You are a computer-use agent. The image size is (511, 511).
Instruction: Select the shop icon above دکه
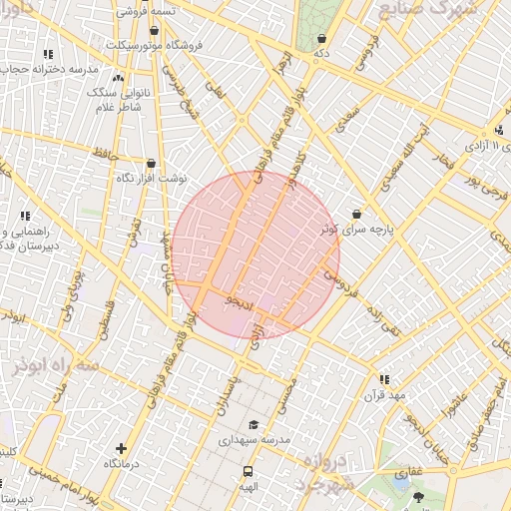[320, 38]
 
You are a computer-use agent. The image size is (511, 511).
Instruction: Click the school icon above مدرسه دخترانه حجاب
[47, 54]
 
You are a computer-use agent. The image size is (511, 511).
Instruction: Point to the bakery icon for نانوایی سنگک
[119, 77]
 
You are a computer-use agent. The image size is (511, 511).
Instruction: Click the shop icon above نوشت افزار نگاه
[151, 162]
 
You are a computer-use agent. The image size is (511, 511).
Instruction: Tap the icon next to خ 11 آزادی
[499, 131]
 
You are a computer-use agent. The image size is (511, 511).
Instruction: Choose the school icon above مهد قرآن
[384, 378]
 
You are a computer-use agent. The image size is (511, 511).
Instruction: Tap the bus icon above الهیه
[247, 471]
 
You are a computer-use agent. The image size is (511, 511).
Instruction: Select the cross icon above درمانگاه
[121, 449]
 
